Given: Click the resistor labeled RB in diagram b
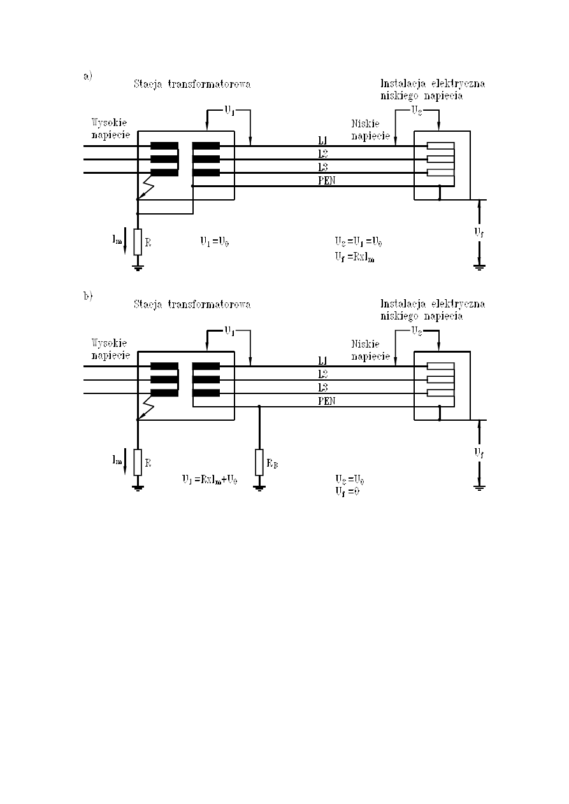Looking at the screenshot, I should click(x=259, y=462).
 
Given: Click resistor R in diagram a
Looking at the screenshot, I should click(x=138, y=242).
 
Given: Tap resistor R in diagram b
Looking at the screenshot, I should click(x=138, y=462).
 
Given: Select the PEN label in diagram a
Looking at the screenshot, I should click(x=326, y=181).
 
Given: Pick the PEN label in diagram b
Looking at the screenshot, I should click(x=326, y=401).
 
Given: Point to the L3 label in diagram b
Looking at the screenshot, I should click(x=323, y=387).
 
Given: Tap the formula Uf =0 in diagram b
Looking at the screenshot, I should click(x=347, y=491).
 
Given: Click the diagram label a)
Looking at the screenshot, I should click(x=87, y=76).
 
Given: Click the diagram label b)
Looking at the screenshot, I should click(x=87, y=296).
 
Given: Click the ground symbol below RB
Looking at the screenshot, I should click(x=259, y=488).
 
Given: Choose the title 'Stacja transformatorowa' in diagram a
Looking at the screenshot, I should click(x=192, y=84).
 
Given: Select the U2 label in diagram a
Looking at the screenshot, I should click(x=416, y=110).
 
